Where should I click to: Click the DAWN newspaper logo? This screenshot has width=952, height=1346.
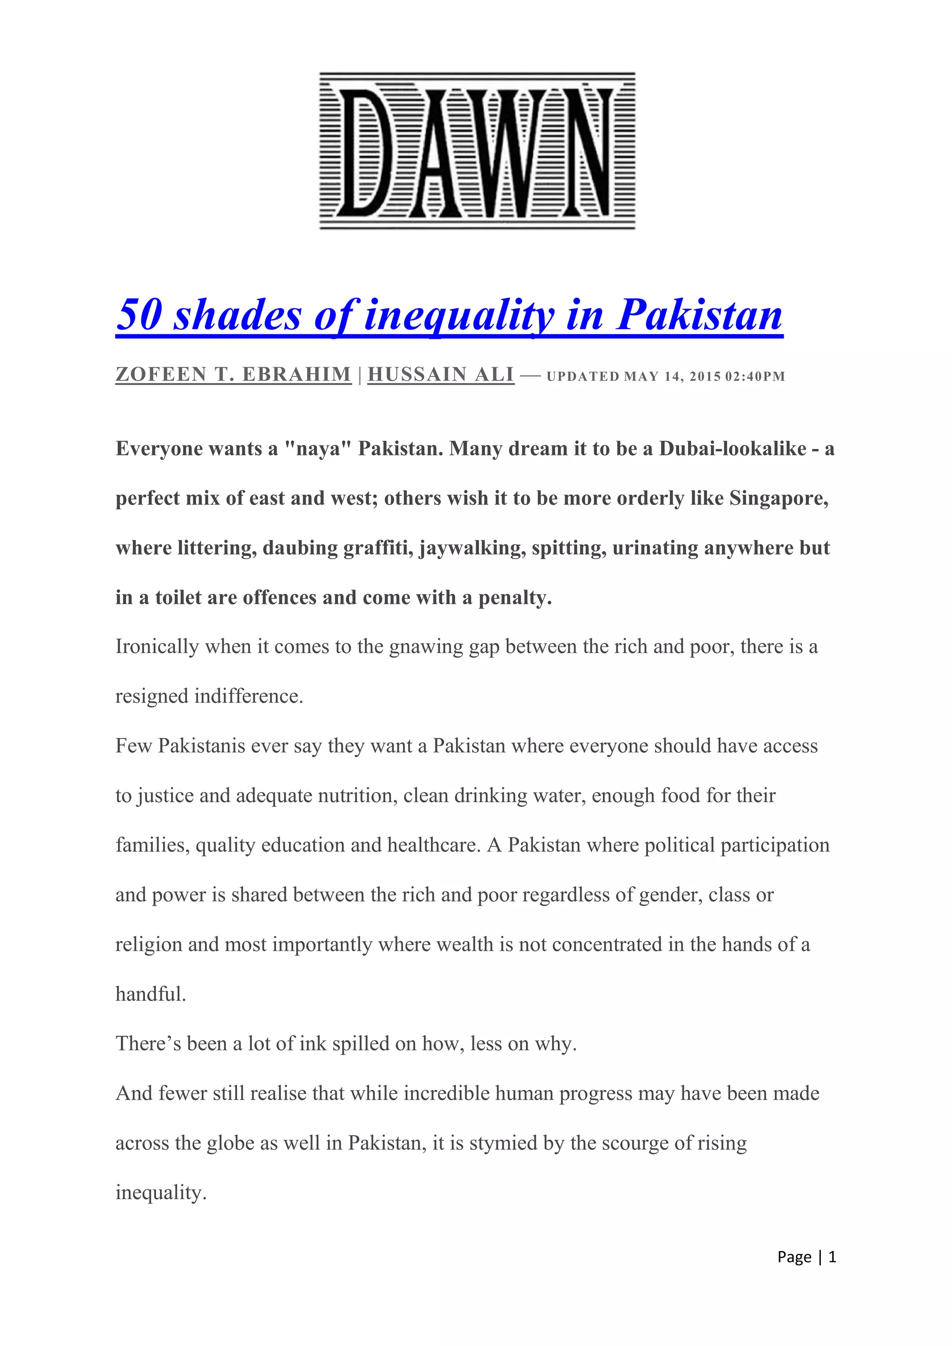[476, 151]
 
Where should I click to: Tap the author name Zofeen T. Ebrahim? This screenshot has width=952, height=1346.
[233, 375]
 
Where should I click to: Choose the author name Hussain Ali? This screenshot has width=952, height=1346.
[441, 375]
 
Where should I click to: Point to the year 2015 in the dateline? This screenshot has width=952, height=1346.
[705, 376]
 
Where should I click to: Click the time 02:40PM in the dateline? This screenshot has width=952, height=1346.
[755, 376]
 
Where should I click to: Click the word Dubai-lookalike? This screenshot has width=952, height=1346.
[733, 449]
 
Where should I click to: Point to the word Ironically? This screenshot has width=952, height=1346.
[157, 647]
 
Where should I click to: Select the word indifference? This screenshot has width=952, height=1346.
[249, 696]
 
